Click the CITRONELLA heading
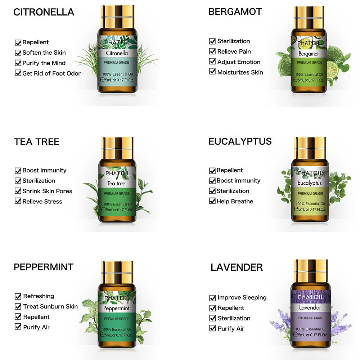pyautogui.click(x=44, y=12)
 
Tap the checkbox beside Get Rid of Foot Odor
pyautogui.click(x=18, y=73)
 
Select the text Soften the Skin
pyautogui.click(x=44, y=53)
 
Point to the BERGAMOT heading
pyautogui.click(x=235, y=12)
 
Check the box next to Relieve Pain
pyautogui.click(x=212, y=51)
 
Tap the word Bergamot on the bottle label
pyautogui.click(x=309, y=54)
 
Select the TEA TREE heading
pyautogui.click(x=37, y=142)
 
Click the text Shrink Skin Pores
pyautogui.click(x=47, y=191)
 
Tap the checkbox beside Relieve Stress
pyautogui.click(x=18, y=201)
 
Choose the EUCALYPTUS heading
pyautogui.click(x=240, y=141)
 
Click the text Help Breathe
pyautogui.click(x=235, y=201)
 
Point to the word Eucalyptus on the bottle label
pyautogui.click(x=310, y=183)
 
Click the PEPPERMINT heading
pyautogui.click(x=44, y=267)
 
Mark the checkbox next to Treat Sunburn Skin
pyautogui.click(x=18, y=306)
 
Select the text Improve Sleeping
pyautogui.click(x=242, y=298)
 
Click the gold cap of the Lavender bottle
pyautogui.click(x=310, y=270)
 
